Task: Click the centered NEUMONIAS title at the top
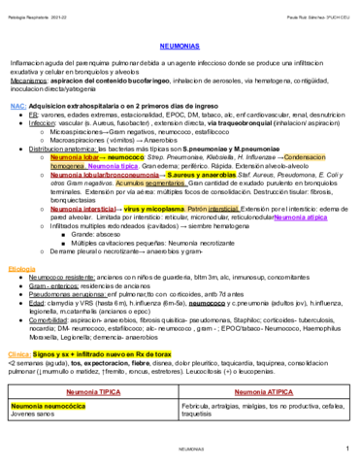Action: (180, 45)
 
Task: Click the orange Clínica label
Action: (20, 357)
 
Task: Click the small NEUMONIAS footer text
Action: (180, 452)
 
